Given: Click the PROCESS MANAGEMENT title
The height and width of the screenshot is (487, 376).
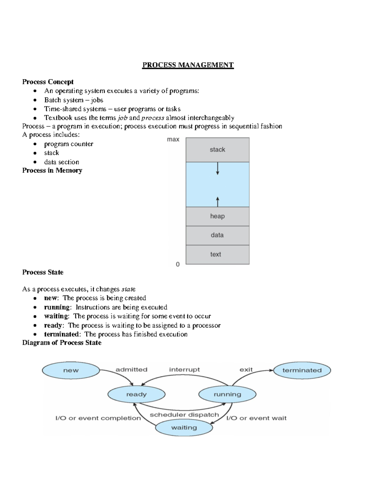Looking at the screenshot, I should coord(188,65).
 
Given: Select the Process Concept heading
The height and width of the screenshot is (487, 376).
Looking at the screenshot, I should coord(48,82).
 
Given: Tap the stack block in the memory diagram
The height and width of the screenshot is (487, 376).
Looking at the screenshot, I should coord(217,150).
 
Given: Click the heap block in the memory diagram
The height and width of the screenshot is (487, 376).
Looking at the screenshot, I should coord(217,216).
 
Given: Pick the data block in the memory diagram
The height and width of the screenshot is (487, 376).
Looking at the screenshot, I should coord(217,235).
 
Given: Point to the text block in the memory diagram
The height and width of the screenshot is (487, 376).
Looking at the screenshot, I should coord(217,254).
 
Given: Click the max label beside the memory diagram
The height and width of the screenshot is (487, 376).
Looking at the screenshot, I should coord(173,140).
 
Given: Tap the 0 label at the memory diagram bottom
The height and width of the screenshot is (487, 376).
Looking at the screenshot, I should coord(178,264).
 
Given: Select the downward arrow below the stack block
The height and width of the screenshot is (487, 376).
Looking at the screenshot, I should coord(217,168).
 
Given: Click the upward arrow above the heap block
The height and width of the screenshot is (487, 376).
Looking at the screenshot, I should coord(217,201).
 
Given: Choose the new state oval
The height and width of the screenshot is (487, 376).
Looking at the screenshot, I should coord(71,370).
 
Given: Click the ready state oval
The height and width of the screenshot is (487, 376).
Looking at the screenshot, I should coord(136,394).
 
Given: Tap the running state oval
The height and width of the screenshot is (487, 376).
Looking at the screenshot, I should coord(227,394).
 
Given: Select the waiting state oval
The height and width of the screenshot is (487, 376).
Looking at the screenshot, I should coord(184,428).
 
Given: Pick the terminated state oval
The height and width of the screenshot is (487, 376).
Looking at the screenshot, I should coord(302,370).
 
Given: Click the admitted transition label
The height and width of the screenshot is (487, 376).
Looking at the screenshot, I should coord(131,370).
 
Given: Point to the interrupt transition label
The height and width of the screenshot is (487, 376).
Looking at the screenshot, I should coord(184,370).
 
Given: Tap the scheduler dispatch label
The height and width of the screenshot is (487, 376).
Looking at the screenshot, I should coord(184,415).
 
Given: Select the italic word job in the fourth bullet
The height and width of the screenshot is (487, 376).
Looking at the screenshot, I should coord(123,118).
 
